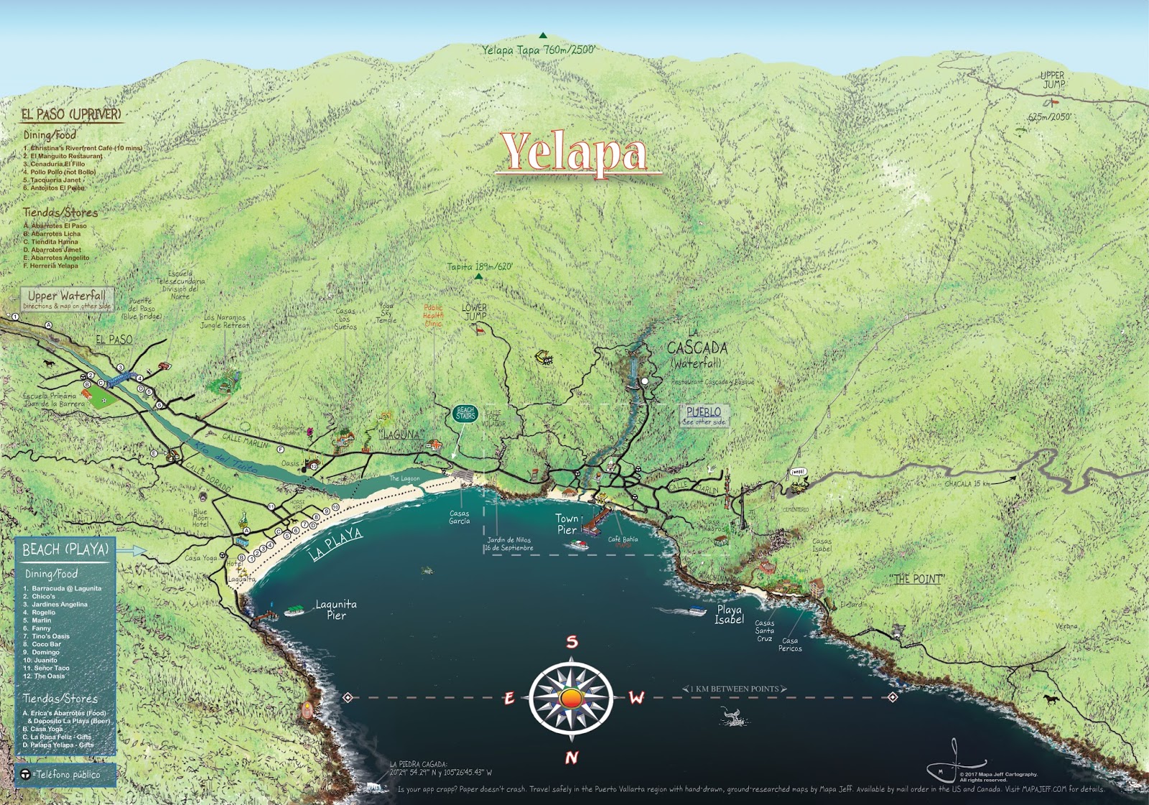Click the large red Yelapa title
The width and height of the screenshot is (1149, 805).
pyautogui.click(x=574, y=152)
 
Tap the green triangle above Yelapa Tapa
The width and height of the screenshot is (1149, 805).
pyautogui.click(x=543, y=35)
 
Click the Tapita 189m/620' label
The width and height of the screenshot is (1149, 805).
pyautogui.click(x=480, y=266)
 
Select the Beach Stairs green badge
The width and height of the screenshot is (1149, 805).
pyautogui.click(x=465, y=414)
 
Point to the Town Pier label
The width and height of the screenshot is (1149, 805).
pyautogui.click(x=567, y=524)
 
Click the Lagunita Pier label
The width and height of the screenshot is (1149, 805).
pyautogui.click(x=336, y=610)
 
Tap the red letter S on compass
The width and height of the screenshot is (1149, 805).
pyautogui.click(x=572, y=642)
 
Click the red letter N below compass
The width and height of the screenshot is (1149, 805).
pyautogui.click(x=572, y=757)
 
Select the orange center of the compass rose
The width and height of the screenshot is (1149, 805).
pyautogui.click(x=571, y=698)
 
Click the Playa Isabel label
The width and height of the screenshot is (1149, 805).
pyautogui.click(x=729, y=614)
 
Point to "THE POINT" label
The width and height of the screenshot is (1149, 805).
pyautogui.click(x=917, y=579)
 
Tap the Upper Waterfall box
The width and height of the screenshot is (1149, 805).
pyautogui.click(x=67, y=299)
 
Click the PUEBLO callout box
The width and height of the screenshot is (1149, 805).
pyautogui.click(x=704, y=415)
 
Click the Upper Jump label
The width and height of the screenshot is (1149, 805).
pyautogui.click(x=1053, y=80)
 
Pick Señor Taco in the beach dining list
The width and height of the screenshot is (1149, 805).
pyautogui.click(x=52, y=668)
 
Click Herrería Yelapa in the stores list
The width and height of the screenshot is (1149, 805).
pyautogui.click(x=54, y=266)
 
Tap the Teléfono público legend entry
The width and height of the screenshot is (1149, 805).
pyautogui.click(x=67, y=774)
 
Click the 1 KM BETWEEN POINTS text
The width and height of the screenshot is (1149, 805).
pyautogui.click(x=734, y=689)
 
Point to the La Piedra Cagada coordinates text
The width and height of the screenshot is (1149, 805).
pyautogui.click(x=440, y=768)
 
